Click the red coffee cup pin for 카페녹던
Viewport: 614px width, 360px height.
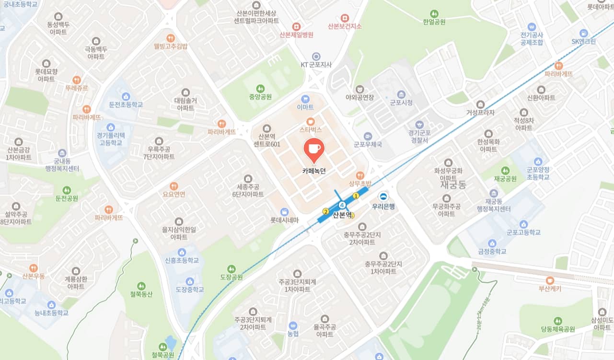tap(314, 149)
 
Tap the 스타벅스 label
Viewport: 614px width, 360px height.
tap(311, 130)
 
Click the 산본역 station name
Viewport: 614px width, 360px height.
tap(342, 215)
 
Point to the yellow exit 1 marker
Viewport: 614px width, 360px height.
tap(356, 196)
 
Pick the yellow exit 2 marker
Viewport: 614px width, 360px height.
tap(325, 211)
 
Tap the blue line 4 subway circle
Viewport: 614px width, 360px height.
tap(342, 205)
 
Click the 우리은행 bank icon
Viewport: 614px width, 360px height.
tap(383, 196)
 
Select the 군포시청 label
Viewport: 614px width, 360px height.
tap(401, 103)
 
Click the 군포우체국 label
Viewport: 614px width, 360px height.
tap(368, 144)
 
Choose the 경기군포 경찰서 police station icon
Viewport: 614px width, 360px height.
tap(419, 125)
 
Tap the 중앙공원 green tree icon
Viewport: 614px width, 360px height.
tap(260, 89)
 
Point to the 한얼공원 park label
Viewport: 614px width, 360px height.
tap(434, 22)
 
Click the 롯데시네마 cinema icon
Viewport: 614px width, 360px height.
tap(284, 211)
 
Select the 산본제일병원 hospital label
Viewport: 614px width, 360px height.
tap(297, 35)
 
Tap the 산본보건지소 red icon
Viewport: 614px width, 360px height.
tap(345, 18)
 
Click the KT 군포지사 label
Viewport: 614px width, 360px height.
tap(316, 65)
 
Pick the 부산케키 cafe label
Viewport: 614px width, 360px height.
tap(549, 289)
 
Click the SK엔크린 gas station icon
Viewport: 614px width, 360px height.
tap(583, 33)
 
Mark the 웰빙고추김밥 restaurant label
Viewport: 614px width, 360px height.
tap(171, 46)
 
